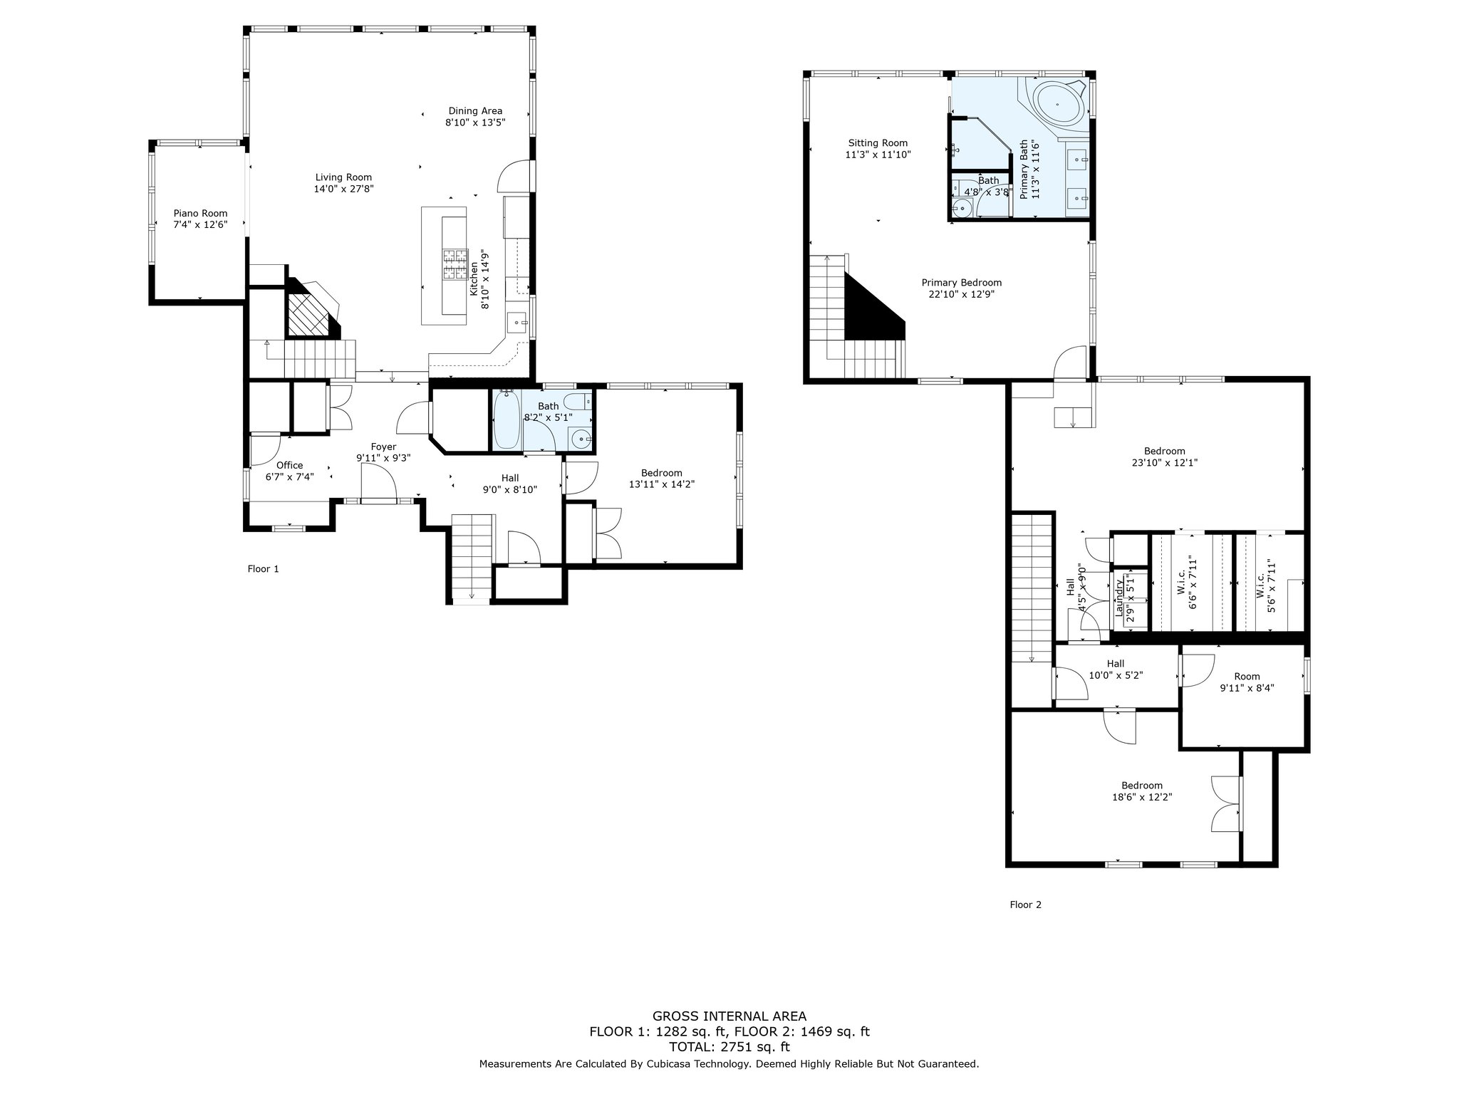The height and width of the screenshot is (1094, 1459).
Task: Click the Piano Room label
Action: (201, 213)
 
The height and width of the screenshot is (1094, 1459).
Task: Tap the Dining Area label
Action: (475, 110)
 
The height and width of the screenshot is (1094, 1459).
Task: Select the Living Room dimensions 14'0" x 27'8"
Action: (344, 189)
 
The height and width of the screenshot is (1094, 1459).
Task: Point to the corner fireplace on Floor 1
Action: (311, 310)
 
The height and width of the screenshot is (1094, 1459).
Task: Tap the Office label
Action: (289, 465)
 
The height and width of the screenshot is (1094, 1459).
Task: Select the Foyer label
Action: (383, 447)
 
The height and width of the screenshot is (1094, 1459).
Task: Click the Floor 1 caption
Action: (263, 568)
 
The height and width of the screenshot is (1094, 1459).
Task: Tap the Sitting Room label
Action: (878, 142)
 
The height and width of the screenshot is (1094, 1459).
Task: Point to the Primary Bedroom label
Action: (961, 282)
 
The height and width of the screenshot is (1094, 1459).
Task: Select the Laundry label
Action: (1119, 597)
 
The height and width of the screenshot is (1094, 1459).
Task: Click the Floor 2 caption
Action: (1025, 905)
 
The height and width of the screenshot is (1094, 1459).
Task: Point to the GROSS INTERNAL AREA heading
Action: (729, 1016)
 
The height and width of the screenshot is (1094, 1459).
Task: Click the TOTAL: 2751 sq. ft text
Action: (729, 1046)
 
